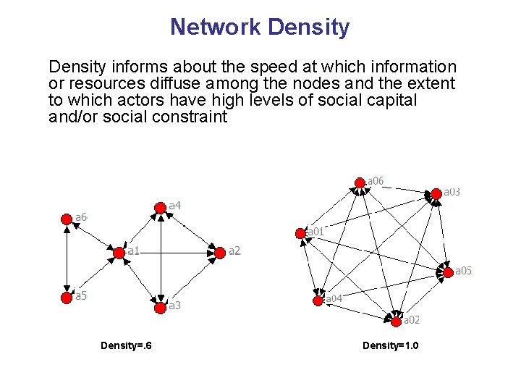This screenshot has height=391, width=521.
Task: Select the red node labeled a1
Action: pos(119,253)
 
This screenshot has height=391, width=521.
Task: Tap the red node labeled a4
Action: pos(160,208)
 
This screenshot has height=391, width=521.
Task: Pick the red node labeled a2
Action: pos(219,252)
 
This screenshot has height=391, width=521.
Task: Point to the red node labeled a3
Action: pos(160,306)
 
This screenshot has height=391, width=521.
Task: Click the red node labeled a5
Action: pos(67,296)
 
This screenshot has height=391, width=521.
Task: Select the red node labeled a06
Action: pos(359,182)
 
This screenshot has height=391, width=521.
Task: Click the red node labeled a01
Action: pos(300,232)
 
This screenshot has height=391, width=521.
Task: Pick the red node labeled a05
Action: pos(448,272)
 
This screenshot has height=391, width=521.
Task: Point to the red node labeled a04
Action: pos(317,300)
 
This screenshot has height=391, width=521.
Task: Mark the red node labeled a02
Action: pos(395,319)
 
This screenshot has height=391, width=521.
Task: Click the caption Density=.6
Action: pos(126,345)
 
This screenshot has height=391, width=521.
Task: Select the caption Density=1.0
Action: pos(391,345)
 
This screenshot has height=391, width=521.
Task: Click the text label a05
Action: pos(463,271)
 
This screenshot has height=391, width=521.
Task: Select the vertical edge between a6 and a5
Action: pos(67,257)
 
